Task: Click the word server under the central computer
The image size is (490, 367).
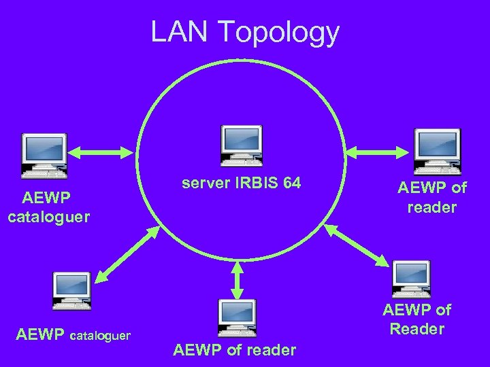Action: pos(204,184)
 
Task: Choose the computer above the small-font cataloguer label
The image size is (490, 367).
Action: pos(72,291)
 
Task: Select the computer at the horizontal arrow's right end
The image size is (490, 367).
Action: pos(438,150)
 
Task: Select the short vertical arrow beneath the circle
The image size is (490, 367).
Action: pos(237,278)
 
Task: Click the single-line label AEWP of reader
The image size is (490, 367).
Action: pos(235,351)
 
